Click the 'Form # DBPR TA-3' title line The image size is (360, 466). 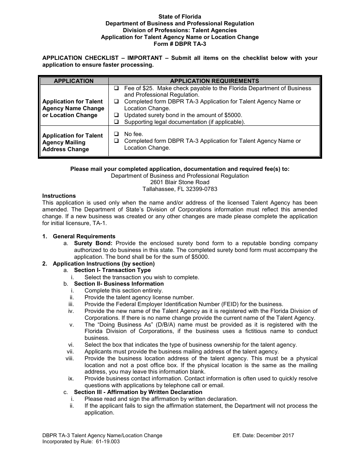(x=180, y=44)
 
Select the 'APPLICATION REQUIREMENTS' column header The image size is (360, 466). (x=214, y=81)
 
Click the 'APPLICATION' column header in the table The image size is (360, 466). (x=74, y=81)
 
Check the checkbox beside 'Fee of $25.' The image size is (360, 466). (x=116, y=88)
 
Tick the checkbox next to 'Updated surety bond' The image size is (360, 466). (x=116, y=115)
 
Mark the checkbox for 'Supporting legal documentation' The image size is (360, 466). (x=116, y=122)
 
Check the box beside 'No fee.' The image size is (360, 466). (x=116, y=134)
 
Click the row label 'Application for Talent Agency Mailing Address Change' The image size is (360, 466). (x=73, y=142)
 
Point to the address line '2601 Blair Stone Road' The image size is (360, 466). (x=180, y=182)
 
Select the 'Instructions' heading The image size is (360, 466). (x=59, y=196)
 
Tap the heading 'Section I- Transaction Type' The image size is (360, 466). (x=112, y=270)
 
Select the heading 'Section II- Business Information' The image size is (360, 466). (x=119, y=284)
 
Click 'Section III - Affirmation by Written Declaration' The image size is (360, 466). (x=138, y=392)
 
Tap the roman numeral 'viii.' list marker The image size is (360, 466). (x=70, y=358)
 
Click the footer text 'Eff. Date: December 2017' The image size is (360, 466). (x=263, y=435)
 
